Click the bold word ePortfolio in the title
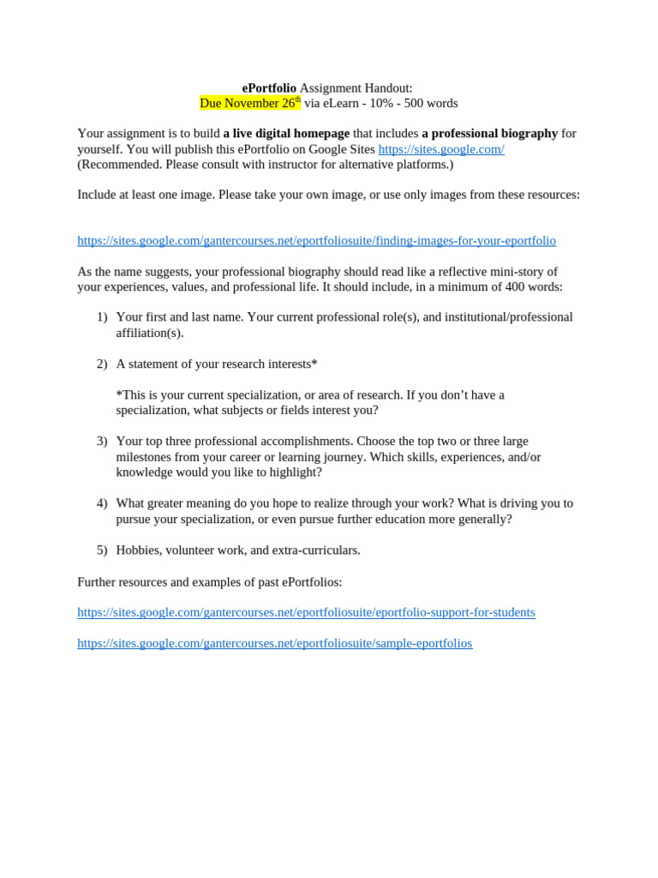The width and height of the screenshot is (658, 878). click(269, 88)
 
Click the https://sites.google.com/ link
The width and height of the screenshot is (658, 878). click(441, 149)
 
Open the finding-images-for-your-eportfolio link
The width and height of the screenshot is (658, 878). click(316, 241)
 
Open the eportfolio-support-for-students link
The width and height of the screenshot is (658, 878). click(306, 612)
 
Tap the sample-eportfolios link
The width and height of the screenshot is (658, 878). click(274, 643)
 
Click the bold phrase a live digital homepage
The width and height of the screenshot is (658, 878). click(286, 134)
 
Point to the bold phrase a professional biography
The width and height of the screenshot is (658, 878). click(489, 134)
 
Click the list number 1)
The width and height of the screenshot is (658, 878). click(102, 317)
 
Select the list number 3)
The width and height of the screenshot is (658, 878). click(102, 442)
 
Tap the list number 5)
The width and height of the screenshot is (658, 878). click(102, 550)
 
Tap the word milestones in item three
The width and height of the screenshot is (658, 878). click(146, 457)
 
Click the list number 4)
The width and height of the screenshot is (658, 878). click(102, 503)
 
